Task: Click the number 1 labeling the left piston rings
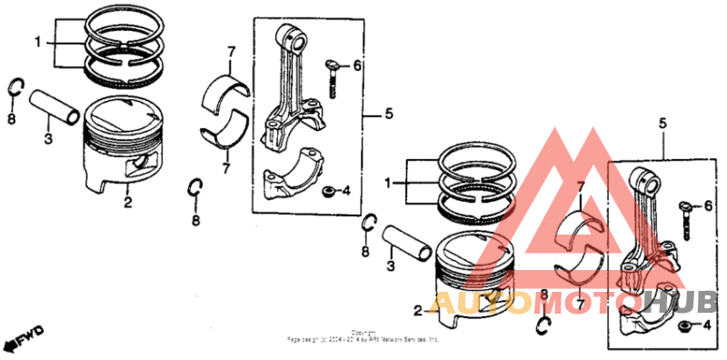[x=37, y=42]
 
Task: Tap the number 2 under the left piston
[x=127, y=203]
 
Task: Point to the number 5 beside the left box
[x=388, y=114]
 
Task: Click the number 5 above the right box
[x=662, y=123]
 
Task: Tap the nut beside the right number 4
[x=683, y=325]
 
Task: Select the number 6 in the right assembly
[x=708, y=206]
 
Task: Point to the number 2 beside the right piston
[x=417, y=311]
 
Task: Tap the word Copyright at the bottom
[x=363, y=332]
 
